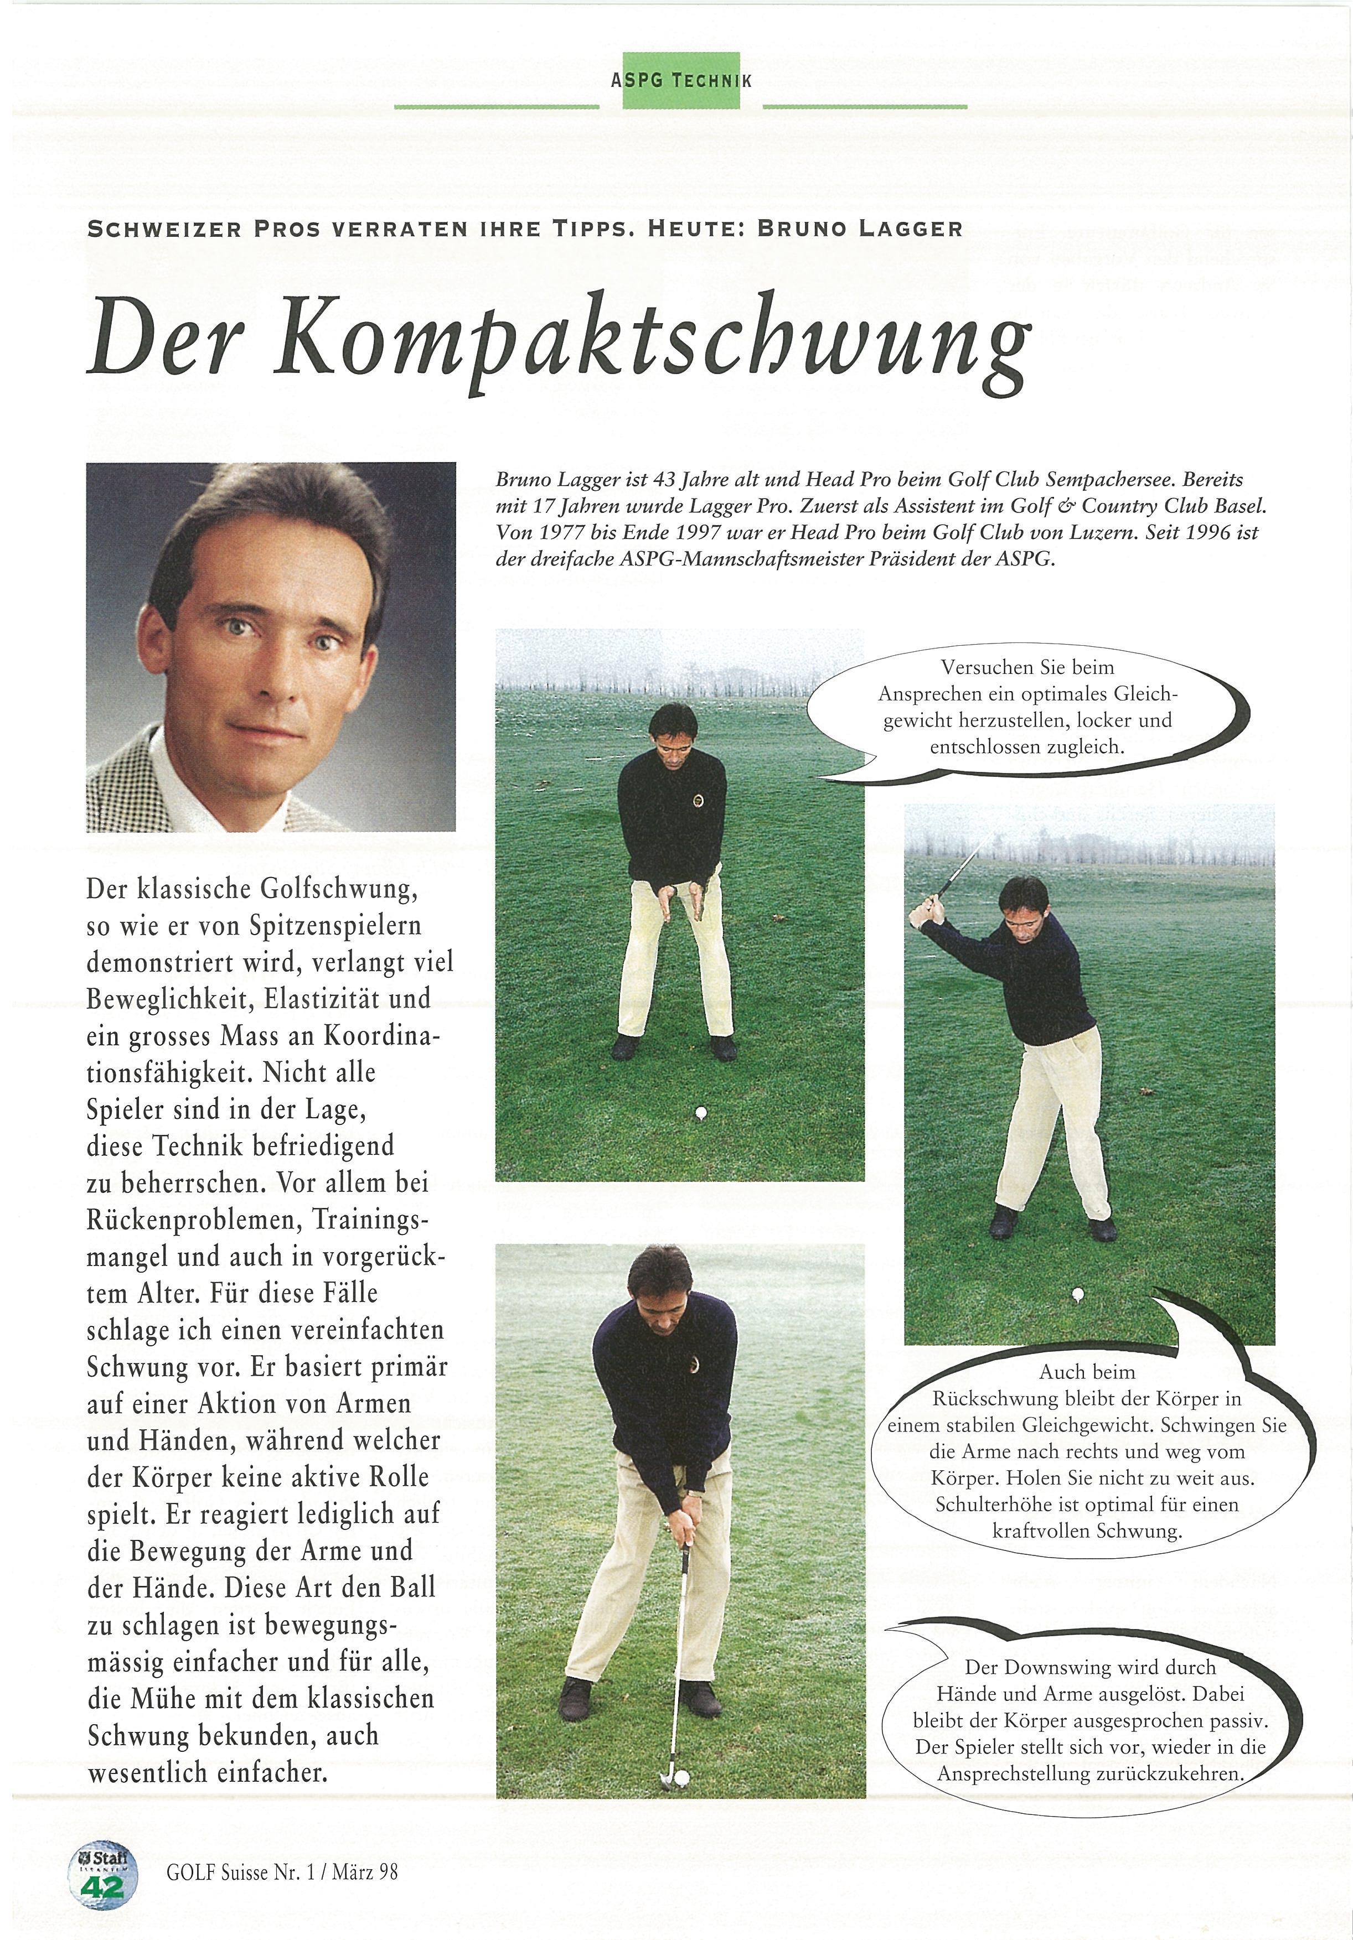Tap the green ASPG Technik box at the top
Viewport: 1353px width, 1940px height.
pyautogui.click(x=681, y=80)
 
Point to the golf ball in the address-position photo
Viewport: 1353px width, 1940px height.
pyautogui.click(x=700, y=1113)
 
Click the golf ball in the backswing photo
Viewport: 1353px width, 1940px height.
pyautogui.click(x=1077, y=1316)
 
